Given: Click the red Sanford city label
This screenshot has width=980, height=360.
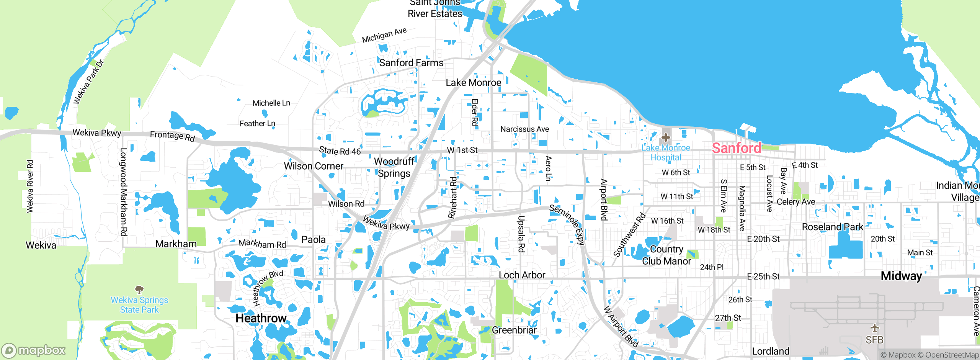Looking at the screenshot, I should (736, 148).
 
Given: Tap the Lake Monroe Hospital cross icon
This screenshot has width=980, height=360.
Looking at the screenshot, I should (665, 137).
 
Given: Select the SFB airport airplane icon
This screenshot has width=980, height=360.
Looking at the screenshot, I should (874, 328).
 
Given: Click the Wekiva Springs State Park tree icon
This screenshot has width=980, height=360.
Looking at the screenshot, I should (139, 289).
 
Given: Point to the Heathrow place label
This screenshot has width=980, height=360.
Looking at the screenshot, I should (261, 318).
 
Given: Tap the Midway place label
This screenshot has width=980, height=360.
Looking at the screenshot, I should (901, 276).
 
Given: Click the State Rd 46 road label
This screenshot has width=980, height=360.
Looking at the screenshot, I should (340, 151).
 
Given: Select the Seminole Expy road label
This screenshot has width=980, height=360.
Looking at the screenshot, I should (567, 224).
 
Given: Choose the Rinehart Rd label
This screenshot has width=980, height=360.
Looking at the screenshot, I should (453, 198).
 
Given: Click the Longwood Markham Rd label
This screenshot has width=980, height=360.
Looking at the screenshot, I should (124, 192).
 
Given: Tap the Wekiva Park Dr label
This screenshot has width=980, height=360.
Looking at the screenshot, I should (88, 82).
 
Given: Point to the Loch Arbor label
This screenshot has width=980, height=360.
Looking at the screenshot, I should (522, 275).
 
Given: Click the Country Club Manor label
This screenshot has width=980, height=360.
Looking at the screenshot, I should (666, 255).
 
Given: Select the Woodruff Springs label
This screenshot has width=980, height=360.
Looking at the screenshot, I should (394, 167).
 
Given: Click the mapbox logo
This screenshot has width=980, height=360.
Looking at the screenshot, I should (34, 350).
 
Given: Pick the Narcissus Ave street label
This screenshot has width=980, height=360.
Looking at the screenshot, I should (524, 129).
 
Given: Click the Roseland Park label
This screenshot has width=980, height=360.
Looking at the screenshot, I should (833, 227).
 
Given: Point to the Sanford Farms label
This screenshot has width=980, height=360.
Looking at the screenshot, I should (411, 63).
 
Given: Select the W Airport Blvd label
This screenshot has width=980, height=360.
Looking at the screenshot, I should (621, 327).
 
